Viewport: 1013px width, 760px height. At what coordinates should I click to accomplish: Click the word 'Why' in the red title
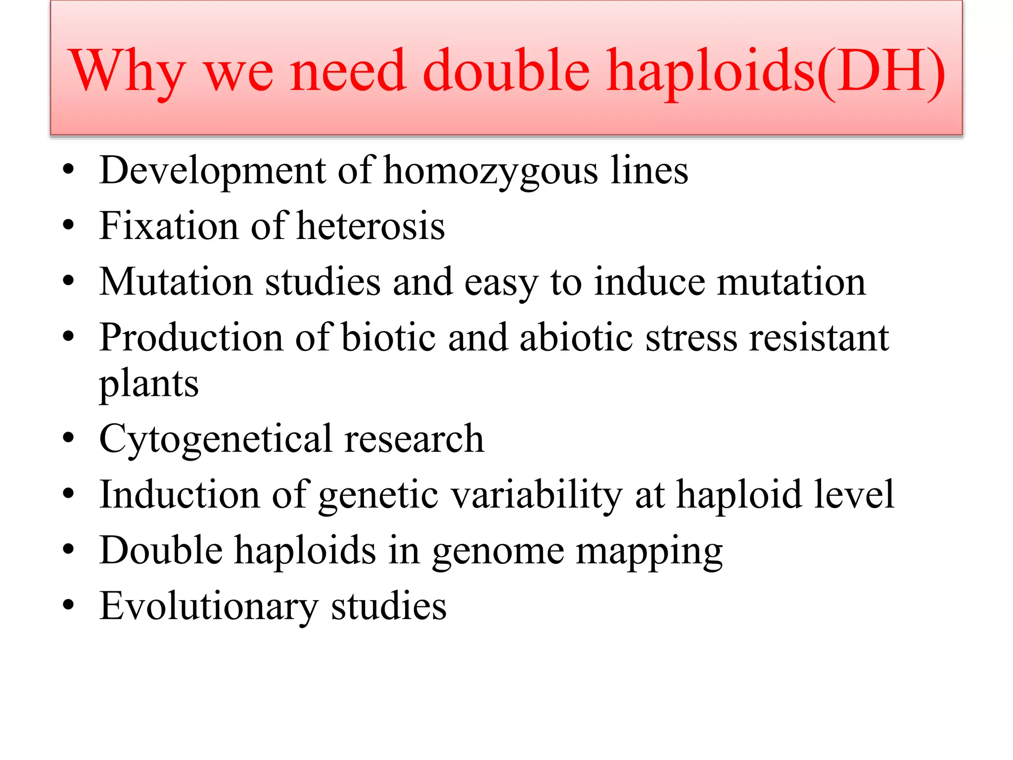pyautogui.click(x=128, y=72)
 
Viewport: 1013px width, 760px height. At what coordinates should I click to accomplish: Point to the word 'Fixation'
pyautogui.click(x=169, y=226)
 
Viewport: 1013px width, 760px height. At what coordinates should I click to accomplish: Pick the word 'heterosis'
pyautogui.click(x=370, y=226)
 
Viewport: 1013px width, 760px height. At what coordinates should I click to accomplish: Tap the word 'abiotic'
pyautogui.click(x=576, y=338)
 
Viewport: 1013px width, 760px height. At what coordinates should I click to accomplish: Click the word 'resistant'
pyautogui.click(x=819, y=338)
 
